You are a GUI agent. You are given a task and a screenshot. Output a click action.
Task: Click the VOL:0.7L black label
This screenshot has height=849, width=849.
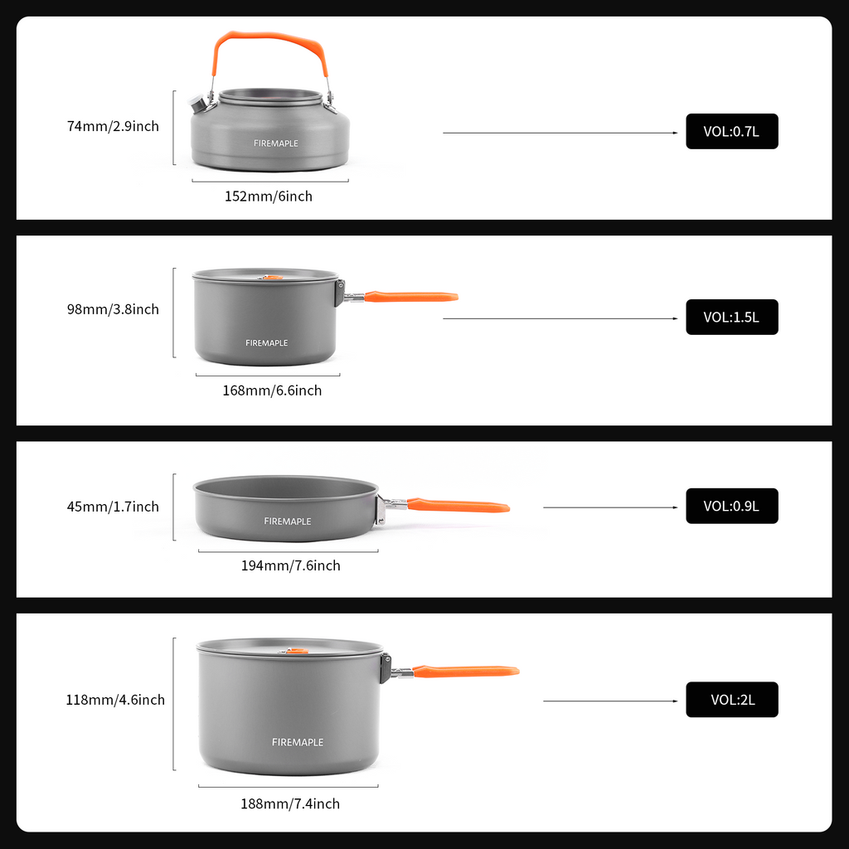731,131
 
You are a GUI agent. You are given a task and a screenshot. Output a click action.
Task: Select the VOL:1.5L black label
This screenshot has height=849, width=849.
731,317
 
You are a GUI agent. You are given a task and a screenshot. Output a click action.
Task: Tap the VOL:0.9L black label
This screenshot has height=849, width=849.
731,506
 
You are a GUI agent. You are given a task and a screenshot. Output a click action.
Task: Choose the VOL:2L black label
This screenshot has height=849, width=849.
731,700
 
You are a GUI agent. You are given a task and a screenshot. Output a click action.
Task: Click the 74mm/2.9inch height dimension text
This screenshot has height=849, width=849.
113,126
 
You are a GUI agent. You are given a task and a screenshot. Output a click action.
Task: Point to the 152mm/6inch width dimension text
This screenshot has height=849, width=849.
269,196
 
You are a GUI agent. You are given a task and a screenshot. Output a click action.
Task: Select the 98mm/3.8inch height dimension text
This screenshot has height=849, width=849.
113,309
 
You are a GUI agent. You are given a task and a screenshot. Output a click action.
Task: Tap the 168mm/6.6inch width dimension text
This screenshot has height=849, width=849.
272,391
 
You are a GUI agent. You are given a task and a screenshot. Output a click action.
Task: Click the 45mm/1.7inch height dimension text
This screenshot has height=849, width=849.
113,507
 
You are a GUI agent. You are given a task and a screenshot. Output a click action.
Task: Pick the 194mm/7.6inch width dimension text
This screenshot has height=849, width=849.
290,565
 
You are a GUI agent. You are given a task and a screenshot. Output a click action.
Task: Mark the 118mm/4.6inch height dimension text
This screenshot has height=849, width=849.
115,700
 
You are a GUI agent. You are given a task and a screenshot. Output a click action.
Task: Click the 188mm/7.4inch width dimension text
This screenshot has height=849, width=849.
290,803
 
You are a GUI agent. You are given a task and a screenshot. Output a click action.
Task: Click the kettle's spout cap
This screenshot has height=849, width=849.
199,104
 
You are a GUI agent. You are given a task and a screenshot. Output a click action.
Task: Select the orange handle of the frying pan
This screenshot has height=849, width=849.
458,505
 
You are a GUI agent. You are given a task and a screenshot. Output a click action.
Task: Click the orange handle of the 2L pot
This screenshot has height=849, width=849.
466,671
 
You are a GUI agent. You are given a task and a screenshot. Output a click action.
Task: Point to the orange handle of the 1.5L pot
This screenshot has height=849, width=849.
410,296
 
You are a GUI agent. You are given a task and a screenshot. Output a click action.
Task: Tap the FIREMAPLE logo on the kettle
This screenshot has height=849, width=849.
276,143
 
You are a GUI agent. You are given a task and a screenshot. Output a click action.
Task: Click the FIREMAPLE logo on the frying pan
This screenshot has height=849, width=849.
288,522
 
